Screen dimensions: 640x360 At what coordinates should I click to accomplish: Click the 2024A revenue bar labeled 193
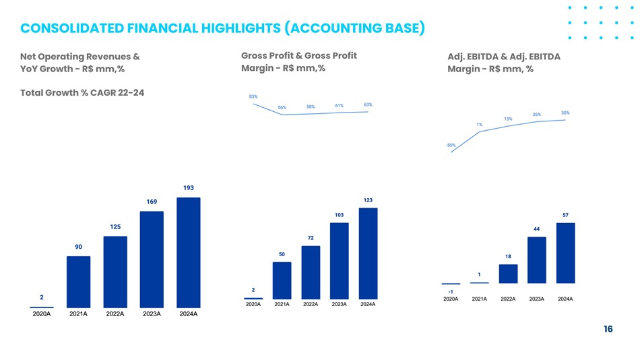[189, 253]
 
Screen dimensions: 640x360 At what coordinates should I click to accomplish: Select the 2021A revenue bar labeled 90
[78, 282]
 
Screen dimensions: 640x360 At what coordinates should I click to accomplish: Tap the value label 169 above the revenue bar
[152, 202]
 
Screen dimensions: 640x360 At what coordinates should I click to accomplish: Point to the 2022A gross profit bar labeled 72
[311, 272]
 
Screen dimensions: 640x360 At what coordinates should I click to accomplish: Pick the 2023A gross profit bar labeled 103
[339, 261]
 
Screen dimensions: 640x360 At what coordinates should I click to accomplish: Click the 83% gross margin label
[253, 97]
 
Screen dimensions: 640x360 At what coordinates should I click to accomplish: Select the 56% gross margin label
[282, 107]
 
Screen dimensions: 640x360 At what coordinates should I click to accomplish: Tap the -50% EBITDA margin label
[451, 145]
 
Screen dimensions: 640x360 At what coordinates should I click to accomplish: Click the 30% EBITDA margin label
[565, 113]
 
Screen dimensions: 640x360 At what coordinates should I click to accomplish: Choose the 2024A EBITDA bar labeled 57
[565, 253]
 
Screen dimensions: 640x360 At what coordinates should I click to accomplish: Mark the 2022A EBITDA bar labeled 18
[508, 274]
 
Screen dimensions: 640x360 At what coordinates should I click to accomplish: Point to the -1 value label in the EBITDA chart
[451, 292]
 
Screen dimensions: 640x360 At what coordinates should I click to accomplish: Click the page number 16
[608, 329]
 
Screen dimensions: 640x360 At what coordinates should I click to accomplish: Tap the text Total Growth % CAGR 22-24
[82, 93]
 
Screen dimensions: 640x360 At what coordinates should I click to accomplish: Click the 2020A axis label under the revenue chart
[42, 314]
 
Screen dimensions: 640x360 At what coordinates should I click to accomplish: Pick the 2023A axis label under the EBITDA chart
[537, 299]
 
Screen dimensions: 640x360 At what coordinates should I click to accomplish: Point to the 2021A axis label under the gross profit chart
[282, 305]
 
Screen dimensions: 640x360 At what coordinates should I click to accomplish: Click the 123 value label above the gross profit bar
[368, 200]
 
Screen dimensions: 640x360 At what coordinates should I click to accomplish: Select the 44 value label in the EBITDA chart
[537, 229]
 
